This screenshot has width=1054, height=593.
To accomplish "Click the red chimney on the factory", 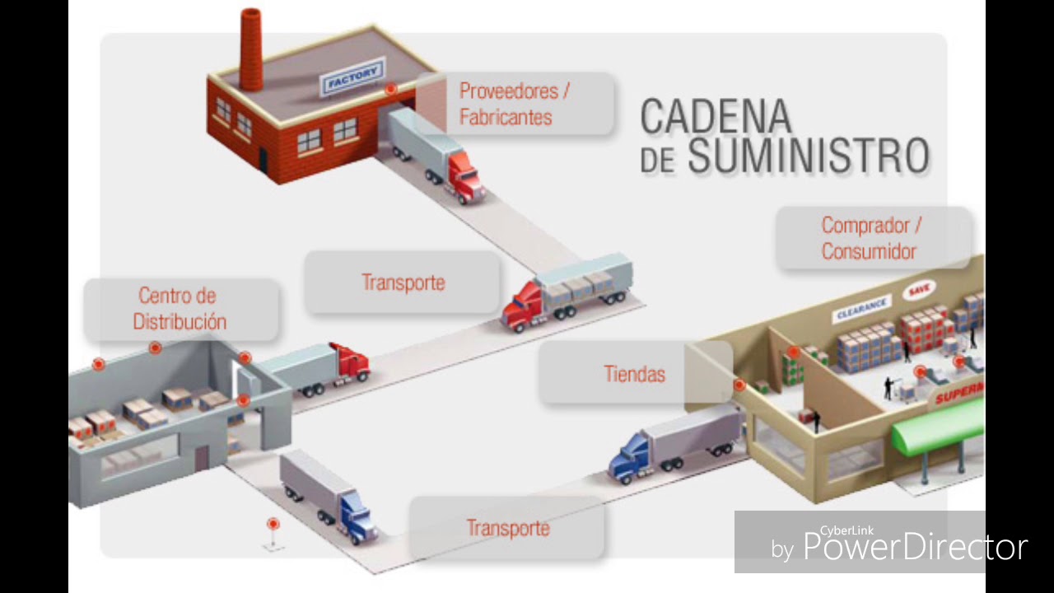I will point(251,49).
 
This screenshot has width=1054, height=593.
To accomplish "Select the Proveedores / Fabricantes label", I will point(515,104).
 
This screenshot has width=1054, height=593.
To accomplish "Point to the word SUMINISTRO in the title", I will point(809,156).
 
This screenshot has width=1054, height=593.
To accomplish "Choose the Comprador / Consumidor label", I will point(870,238).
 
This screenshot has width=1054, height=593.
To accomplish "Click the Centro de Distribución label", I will point(180,309).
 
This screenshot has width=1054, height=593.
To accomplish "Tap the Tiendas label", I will point(634,374).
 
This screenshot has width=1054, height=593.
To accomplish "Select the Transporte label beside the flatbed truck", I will point(403,282).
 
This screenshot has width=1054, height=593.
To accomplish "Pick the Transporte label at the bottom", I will point(507,528).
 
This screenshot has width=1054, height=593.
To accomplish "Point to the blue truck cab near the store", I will point(629,459).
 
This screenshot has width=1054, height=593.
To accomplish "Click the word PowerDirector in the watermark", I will point(915,548).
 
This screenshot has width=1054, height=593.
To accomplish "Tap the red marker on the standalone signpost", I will point(273,524).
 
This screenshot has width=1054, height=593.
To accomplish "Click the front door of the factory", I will point(263,158).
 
